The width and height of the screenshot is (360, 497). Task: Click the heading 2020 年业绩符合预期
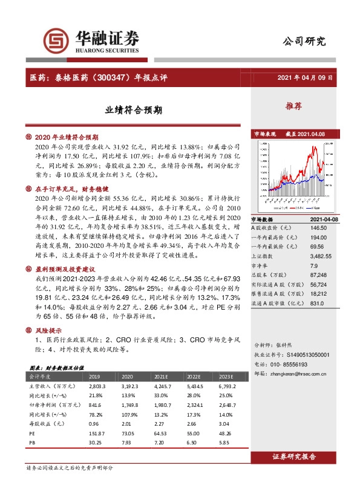tap(67, 137)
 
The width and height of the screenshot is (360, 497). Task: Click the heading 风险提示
tap(51, 330)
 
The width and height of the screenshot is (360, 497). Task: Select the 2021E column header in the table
tap(163, 375)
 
